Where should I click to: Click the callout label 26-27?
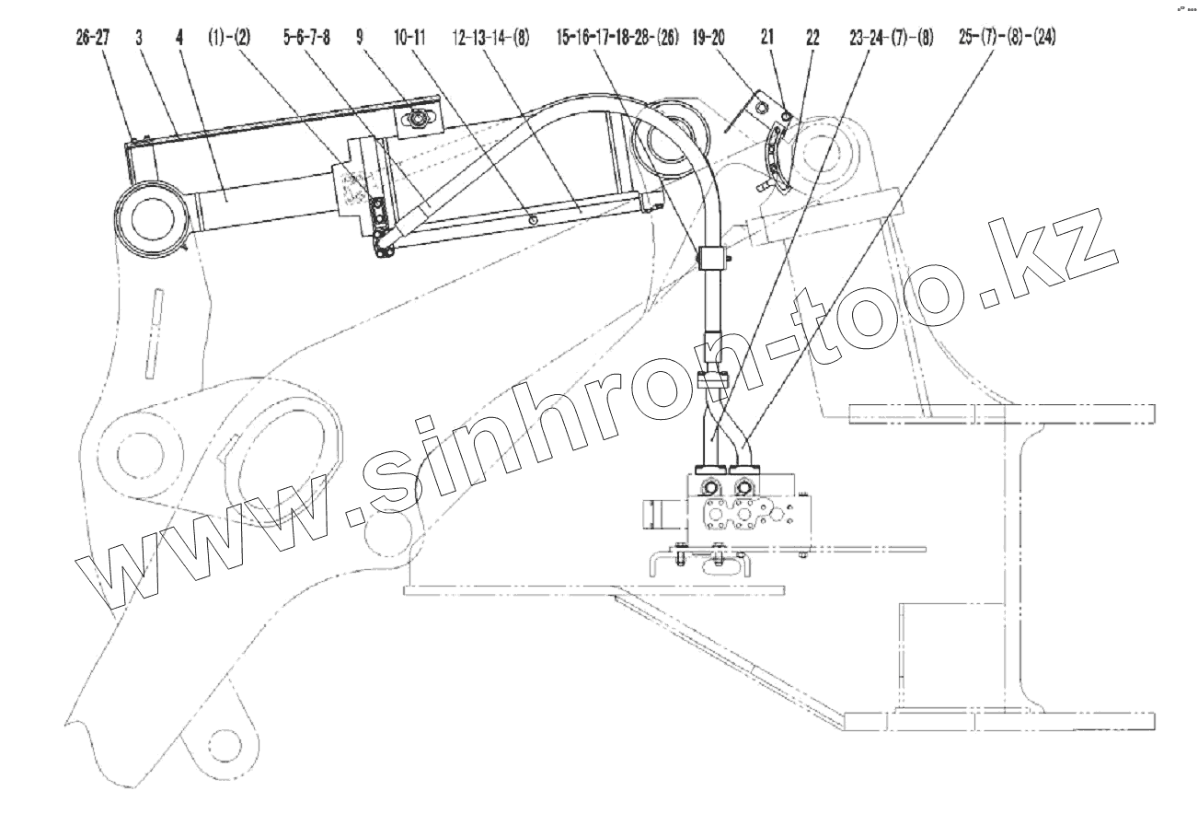coord(93,38)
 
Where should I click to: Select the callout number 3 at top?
coord(139,38)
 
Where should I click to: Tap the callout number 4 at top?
coord(179,38)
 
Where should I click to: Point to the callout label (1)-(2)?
coord(229,38)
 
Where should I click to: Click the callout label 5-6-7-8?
coord(306,38)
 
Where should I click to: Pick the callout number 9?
coord(360,38)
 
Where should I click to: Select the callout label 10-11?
coord(409,38)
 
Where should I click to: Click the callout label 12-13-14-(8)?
coord(490,38)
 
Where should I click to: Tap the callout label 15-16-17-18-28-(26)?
coord(617,38)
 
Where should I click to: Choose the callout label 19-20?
coord(708,38)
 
